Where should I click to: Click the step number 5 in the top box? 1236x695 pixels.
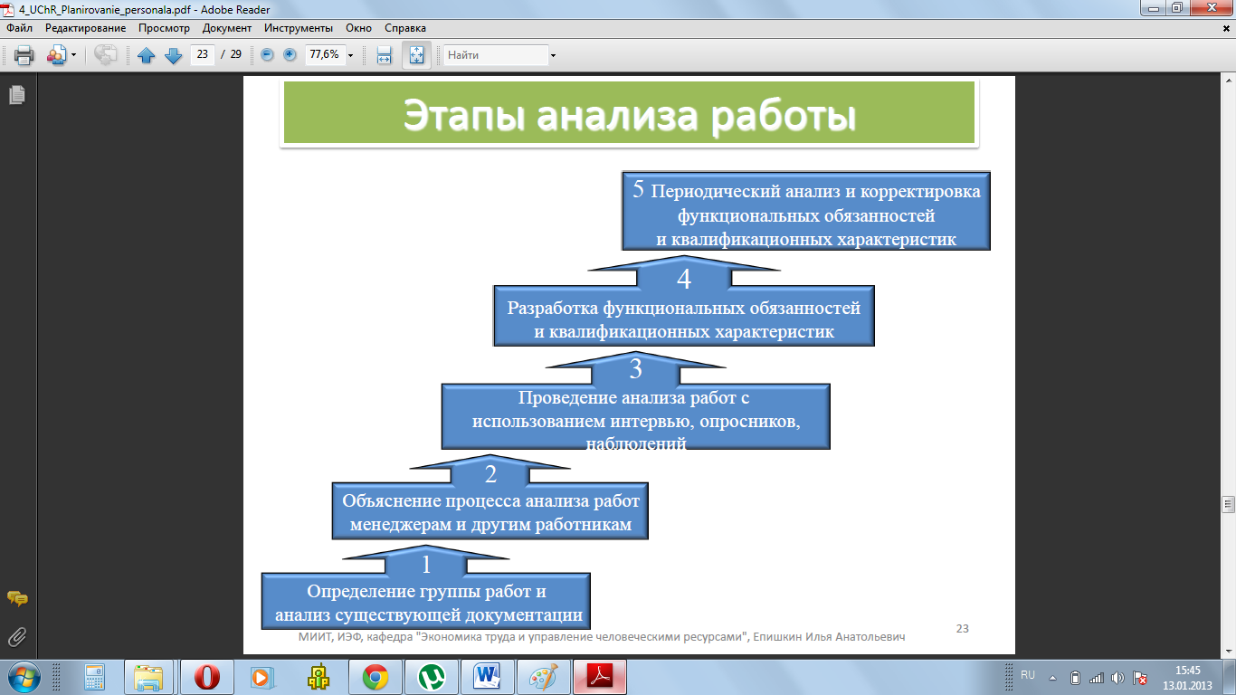[638, 189]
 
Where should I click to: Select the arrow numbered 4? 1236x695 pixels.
[684, 271]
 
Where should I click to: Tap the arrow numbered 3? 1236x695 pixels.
[636, 368]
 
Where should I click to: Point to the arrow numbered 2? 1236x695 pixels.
[490, 470]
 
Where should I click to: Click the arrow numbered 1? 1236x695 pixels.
[425, 560]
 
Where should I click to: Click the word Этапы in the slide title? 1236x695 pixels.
[463, 115]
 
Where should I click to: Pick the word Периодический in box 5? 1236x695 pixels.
[715, 192]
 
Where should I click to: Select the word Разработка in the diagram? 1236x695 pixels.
[552, 308]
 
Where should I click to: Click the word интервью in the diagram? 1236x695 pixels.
[651, 422]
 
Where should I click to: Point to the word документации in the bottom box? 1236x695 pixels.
[524, 615]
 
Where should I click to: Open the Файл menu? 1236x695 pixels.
[19, 28]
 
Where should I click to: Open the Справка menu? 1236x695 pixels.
[405, 28]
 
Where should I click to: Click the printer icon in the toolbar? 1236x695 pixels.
[24, 55]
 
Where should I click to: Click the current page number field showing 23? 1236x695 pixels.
[203, 54]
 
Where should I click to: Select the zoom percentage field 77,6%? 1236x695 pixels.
[325, 54]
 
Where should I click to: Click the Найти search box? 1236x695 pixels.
[496, 55]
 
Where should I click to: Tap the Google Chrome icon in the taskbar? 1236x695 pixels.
[376, 677]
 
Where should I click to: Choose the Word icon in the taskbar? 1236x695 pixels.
[486, 677]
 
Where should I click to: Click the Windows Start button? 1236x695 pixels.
[24, 677]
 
